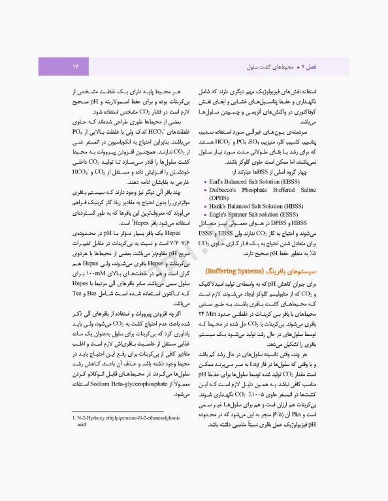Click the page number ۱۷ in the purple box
[75, 66]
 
